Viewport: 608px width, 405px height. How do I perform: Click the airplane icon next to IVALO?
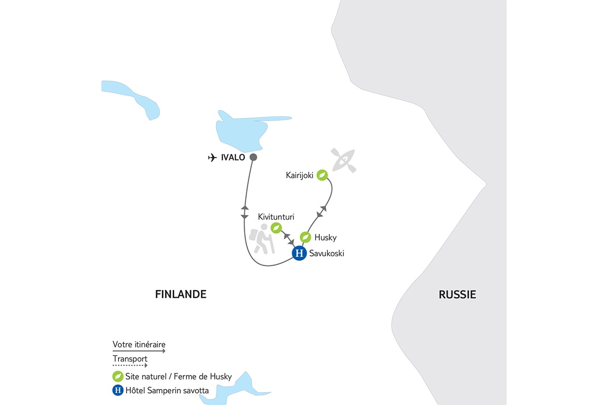coord(212,157)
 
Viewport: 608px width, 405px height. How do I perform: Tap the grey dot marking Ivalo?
coord(253,157)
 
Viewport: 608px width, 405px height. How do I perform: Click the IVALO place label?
coord(233,157)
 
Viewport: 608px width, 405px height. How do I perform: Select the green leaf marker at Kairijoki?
coord(322,175)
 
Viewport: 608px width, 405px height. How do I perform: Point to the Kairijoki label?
coord(299,175)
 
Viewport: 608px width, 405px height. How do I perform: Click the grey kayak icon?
coord(343,159)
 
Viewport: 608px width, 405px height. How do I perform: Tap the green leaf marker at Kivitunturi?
coord(276,228)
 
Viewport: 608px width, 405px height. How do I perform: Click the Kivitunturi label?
coord(276,216)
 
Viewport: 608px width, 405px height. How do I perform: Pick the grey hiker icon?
coord(262,242)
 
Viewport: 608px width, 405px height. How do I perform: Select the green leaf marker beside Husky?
coord(305,237)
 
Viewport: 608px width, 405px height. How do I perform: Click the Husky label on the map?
coord(325,237)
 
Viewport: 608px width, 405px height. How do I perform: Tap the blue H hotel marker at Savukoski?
coord(299,253)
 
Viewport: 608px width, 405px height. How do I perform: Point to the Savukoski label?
coord(327,254)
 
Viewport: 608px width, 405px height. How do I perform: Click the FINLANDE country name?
coord(181,294)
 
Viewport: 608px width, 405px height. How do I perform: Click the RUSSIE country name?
coord(458,295)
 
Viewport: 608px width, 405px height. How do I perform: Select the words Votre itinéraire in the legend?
coord(139,345)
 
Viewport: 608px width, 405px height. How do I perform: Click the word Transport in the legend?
coord(130,359)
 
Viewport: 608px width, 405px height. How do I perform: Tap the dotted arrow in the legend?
coord(130,365)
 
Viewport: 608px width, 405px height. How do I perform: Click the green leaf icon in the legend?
coord(118,377)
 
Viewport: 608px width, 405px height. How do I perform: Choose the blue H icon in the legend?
coord(118,390)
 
